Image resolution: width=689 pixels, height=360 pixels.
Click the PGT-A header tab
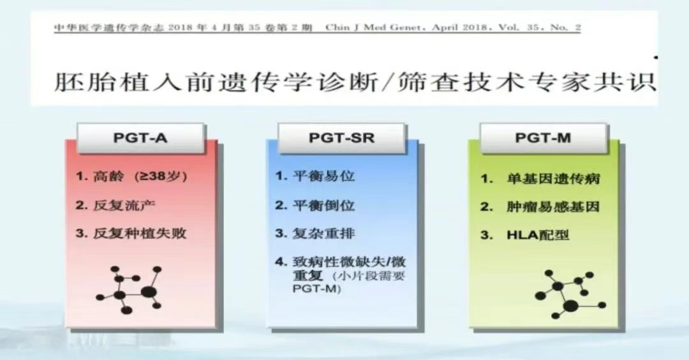click(x=140, y=138)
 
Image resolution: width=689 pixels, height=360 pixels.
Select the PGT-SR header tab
click(x=341, y=138)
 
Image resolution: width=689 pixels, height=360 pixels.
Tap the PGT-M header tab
click(x=543, y=138)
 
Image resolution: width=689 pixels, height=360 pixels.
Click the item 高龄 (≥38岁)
click(x=131, y=176)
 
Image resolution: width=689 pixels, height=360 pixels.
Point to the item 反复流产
click(x=115, y=206)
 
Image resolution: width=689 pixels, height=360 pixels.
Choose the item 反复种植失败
click(x=131, y=234)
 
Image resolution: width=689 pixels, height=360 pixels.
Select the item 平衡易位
click(x=315, y=176)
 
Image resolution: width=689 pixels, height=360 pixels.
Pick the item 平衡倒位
click(x=315, y=206)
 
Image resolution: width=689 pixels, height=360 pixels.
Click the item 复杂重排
click(x=315, y=234)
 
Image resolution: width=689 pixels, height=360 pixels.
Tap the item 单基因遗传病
click(x=540, y=179)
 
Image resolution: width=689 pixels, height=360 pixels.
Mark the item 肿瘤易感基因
click(x=540, y=207)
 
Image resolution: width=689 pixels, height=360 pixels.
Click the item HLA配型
click(x=524, y=235)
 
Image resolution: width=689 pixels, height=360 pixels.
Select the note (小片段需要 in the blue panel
click(x=368, y=276)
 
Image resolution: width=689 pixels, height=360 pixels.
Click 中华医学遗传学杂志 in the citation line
click(x=108, y=27)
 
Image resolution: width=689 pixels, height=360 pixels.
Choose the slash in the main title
click(x=388, y=82)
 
